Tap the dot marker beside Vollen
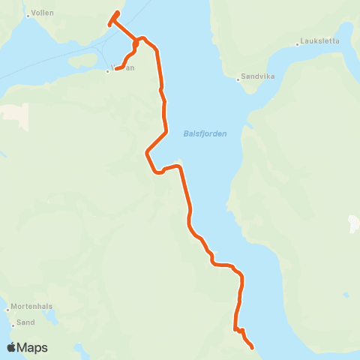[x=28, y=14]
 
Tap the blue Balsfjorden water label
[x=205, y=134]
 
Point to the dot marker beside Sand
[x=13, y=325]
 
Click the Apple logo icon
[x=12, y=347]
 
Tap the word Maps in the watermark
[x=33, y=347]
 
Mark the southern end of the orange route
[x=252, y=347]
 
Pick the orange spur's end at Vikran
[x=116, y=70]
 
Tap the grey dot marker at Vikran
[x=108, y=71]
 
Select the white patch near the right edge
[x=354, y=223]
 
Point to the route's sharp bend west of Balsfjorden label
[x=145, y=154]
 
